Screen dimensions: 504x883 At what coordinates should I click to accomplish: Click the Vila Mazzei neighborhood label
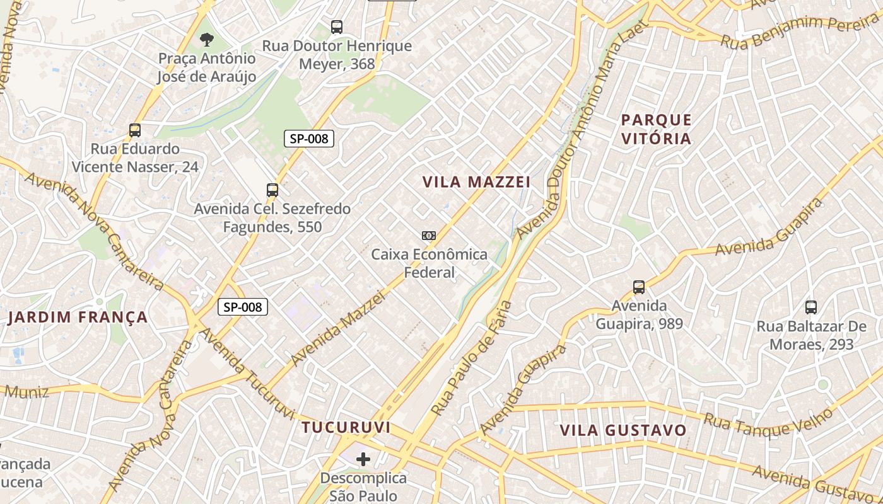pyautogui.click(x=476, y=182)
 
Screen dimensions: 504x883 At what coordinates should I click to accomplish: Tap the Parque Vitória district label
pyautogui.click(x=656, y=129)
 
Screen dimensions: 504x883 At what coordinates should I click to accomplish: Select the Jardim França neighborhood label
pyautogui.click(x=78, y=317)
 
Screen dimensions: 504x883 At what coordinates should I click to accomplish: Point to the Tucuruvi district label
pyautogui.click(x=346, y=427)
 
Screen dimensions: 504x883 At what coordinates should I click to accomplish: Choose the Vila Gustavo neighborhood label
pyautogui.click(x=623, y=430)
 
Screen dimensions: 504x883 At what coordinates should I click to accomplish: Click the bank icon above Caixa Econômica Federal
pyautogui.click(x=429, y=236)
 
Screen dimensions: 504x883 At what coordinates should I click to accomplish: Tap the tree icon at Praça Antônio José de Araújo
pyautogui.click(x=206, y=40)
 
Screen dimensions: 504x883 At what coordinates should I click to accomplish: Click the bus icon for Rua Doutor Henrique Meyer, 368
pyautogui.click(x=337, y=27)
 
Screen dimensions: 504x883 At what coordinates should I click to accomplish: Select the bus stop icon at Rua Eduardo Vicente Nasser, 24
pyautogui.click(x=134, y=130)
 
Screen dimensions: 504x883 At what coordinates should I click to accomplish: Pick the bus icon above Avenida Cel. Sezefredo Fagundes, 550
pyautogui.click(x=272, y=190)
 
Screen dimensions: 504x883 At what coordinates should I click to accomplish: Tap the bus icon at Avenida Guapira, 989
pyautogui.click(x=639, y=287)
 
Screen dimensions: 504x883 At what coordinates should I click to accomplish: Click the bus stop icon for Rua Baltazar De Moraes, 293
pyautogui.click(x=811, y=307)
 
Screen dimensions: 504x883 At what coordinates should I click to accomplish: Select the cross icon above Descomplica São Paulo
pyautogui.click(x=363, y=459)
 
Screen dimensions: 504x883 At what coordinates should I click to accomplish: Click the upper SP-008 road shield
pyautogui.click(x=308, y=139)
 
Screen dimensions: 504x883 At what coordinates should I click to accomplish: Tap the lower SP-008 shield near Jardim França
pyautogui.click(x=243, y=307)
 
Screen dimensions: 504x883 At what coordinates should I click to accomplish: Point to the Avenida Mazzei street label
pyautogui.click(x=337, y=328)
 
